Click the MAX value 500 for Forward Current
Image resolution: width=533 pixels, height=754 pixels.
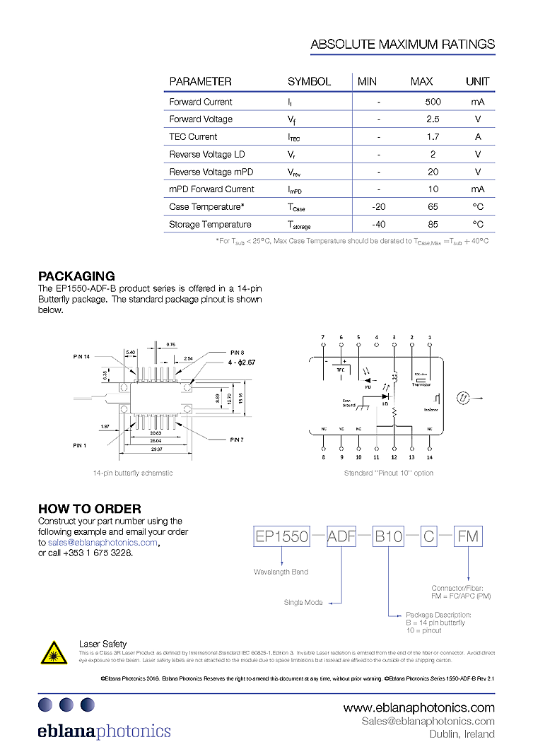point(433,102)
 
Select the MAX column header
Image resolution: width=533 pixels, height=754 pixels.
point(421,81)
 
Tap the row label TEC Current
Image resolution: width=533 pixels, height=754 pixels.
point(193,137)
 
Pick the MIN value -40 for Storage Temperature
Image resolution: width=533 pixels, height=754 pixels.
point(378,225)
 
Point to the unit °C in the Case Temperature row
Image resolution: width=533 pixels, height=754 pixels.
point(478,207)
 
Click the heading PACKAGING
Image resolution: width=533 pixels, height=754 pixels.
point(76,276)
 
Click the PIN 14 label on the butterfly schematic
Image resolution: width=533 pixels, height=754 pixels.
point(83,357)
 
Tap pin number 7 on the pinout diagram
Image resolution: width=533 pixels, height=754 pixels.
point(323,337)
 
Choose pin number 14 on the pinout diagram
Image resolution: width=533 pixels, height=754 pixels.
point(430,457)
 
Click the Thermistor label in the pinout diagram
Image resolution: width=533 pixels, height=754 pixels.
point(422,384)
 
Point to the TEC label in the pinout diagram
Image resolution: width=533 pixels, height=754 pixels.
point(340,369)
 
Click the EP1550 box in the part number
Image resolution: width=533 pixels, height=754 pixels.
point(281,537)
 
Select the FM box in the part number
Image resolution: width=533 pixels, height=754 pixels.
point(468,537)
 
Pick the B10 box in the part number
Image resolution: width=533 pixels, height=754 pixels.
point(388,537)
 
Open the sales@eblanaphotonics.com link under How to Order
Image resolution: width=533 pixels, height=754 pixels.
point(102,542)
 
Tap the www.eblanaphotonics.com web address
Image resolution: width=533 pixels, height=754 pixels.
point(418,707)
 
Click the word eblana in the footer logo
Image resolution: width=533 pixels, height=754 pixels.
point(66,731)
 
